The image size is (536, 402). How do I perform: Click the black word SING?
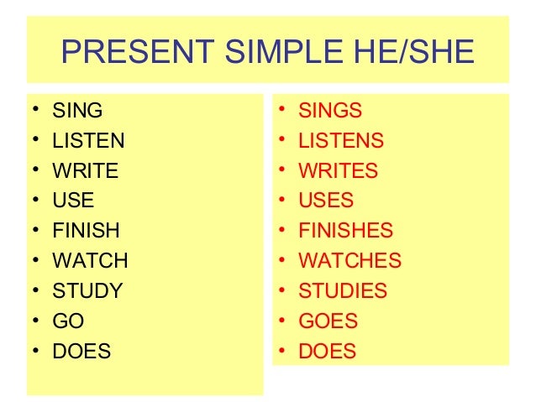(x=77, y=110)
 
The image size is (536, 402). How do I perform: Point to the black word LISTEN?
(x=88, y=140)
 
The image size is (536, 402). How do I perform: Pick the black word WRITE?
(x=86, y=171)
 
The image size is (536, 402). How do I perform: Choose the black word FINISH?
(x=86, y=231)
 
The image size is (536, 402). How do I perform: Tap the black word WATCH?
(x=90, y=261)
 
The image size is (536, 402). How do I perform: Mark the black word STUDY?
(x=87, y=291)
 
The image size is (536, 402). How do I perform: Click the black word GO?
(x=68, y=321)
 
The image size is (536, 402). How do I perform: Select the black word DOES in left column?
(x=81, y=352)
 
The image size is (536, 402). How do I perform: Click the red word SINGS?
(x=330, y=110)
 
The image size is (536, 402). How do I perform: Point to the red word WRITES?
(x=339, y=171)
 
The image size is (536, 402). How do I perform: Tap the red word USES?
(x=326, y=201)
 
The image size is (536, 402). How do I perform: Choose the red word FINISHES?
(x=346, y=231)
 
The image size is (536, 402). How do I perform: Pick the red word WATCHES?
(x=350, y=261)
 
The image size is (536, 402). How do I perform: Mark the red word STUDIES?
(x=343, y=291)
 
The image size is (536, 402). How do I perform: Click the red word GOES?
(x=328, y=321)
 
